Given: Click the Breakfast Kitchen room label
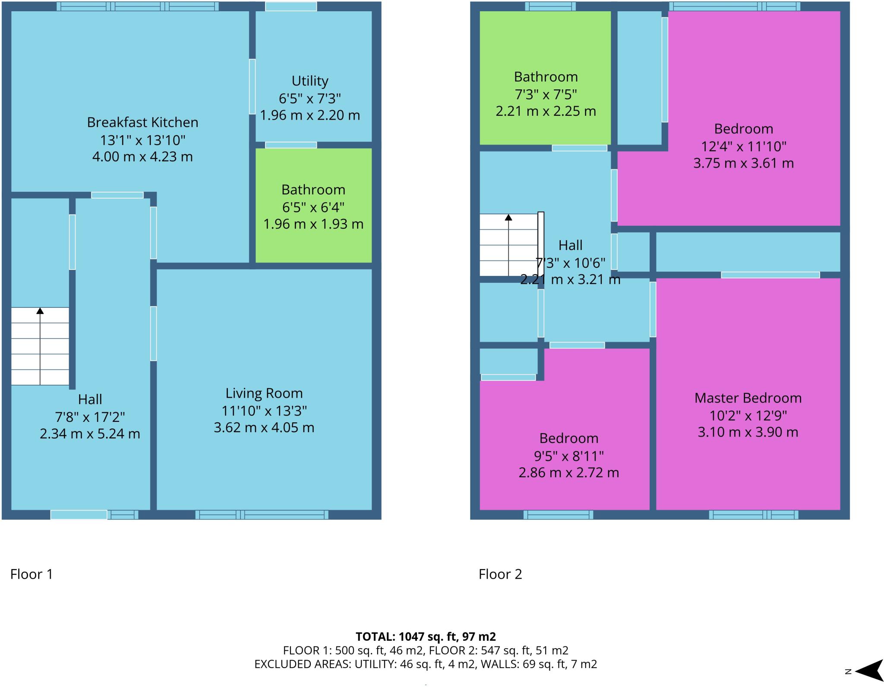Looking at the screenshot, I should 142,123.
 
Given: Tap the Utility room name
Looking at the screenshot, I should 309,81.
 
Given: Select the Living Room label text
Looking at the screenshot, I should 264,393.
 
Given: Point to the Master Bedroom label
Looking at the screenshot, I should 748,398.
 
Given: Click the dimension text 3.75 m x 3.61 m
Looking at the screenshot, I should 743,164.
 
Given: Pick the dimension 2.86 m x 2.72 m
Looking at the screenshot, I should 568,473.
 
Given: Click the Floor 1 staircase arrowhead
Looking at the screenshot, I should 40,310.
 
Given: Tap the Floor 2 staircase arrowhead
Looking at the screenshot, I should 508,217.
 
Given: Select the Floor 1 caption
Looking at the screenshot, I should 32,574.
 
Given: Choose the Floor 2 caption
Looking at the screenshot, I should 500,574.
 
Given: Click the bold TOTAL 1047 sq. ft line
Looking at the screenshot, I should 426,636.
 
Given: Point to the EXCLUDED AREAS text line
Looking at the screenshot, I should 426,664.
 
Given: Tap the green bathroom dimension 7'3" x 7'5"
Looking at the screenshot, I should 546,95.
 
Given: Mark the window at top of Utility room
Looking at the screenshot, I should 290,6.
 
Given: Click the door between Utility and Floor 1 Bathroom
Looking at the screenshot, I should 290,145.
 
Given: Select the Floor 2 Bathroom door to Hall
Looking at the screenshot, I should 579,148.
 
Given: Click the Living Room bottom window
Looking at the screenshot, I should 262,514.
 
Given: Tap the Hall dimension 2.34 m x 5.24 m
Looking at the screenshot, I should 90,434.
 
